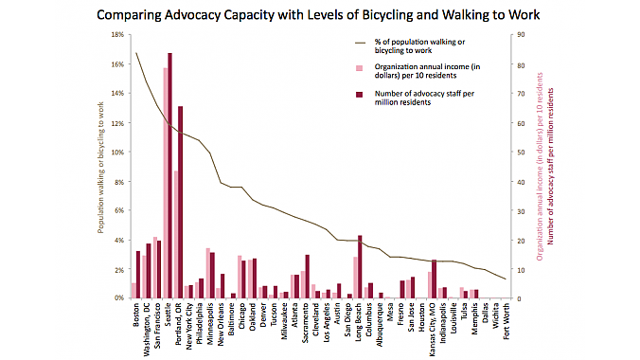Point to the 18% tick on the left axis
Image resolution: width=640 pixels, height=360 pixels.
(118, 34)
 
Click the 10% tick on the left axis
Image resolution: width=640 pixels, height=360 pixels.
(118, 152)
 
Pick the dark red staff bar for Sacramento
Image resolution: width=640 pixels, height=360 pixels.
(308, 276)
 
